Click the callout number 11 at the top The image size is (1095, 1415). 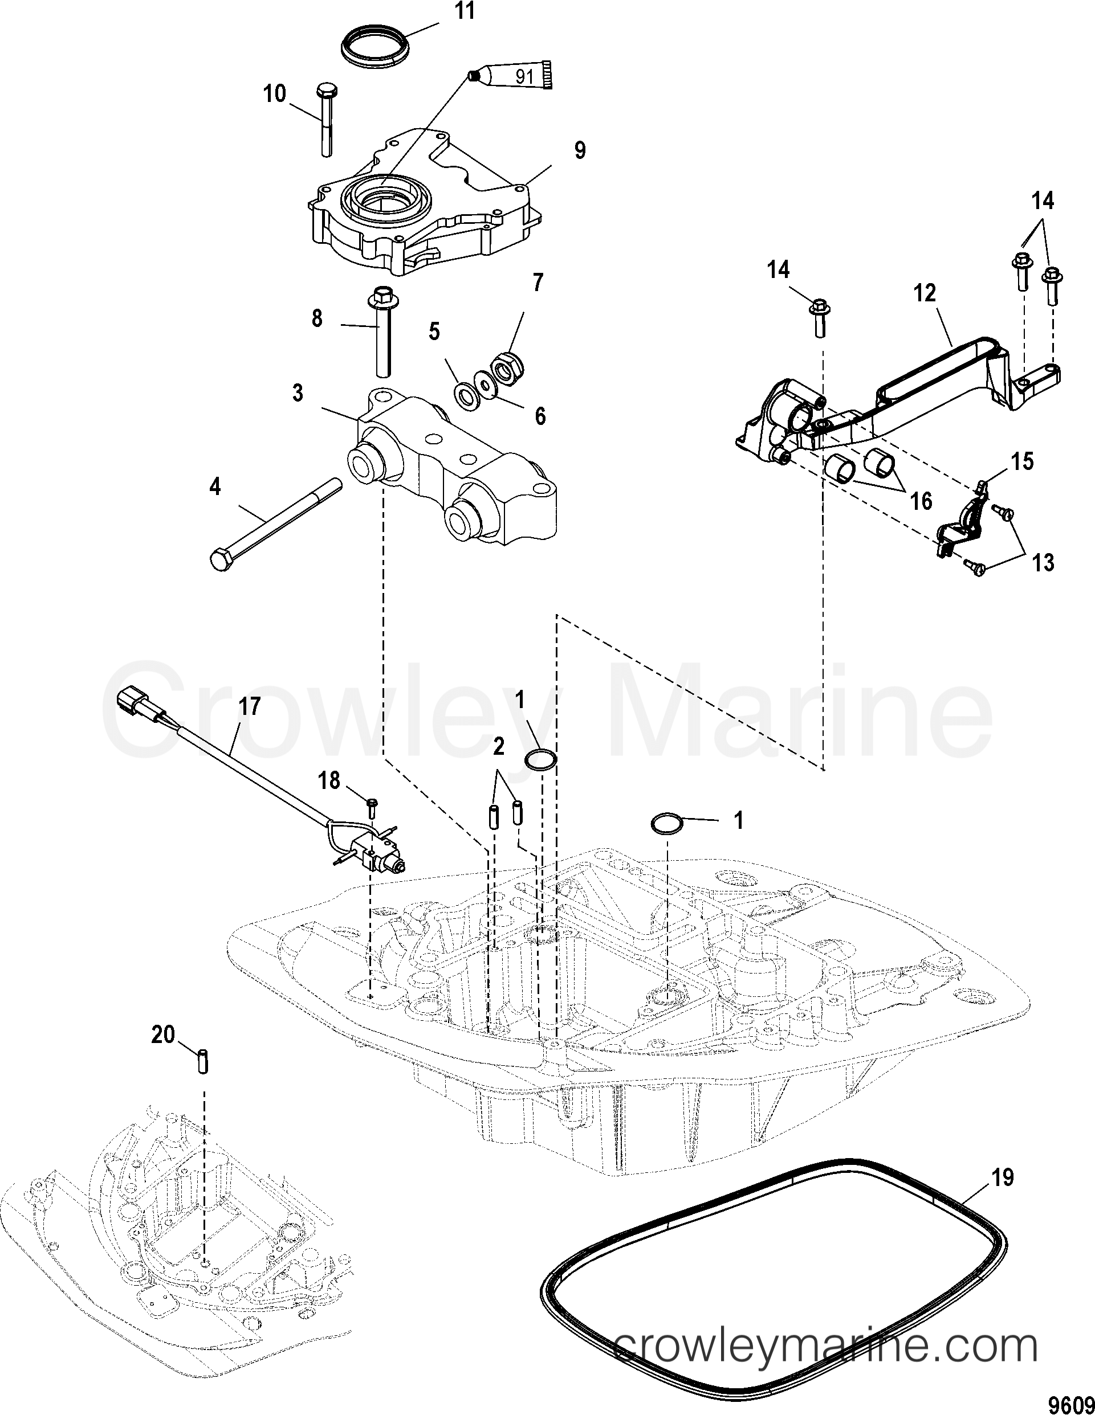tap(464, 11)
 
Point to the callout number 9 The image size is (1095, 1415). tap(580, 150)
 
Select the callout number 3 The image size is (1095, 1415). tap(298, 393)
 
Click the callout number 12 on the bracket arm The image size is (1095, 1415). tap(925, 293)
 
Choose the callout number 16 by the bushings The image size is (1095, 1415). tap(921, 500)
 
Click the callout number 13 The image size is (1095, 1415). tap(1043, 562)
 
